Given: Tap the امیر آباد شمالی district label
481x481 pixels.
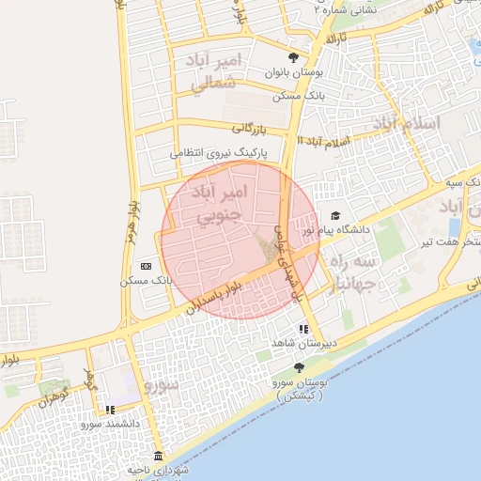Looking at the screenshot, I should pyautogui.click(x=215, y=73).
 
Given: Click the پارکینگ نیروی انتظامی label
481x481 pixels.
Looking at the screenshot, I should pyautogui.click(x=218, y=150).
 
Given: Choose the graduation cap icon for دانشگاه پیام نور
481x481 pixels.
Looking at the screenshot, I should pyautogui.click(x=335, y=216).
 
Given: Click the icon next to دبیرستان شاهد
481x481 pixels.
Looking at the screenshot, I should pyautogui.click(x=303, y=330).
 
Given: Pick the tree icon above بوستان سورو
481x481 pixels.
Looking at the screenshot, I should pyautogui.click(x=299, y=367).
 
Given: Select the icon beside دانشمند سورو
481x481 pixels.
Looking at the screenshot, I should pyautogui.click(x=110, y=410).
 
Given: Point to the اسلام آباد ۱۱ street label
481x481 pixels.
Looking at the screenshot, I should pyautogui.click(x=322, y=139).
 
